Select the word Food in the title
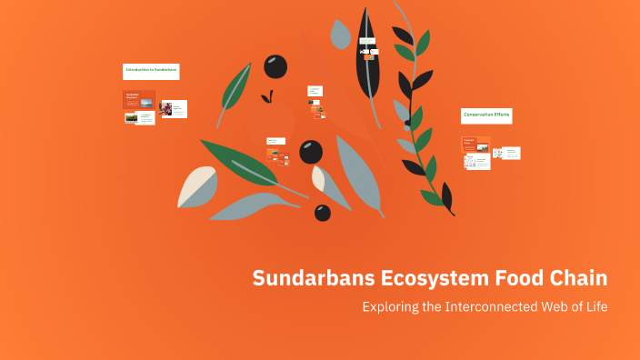[516, 277]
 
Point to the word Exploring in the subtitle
[390, 306]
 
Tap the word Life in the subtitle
[595, 306]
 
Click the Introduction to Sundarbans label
[151, 71]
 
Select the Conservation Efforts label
[486, 115]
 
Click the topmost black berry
[275, 66]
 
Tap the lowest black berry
[323, 213]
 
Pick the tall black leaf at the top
[369, 55]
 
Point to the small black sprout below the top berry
[266, 96]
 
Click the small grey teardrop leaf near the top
[340, 35]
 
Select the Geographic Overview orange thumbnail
[139, 99]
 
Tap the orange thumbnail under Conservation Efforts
[475, 144]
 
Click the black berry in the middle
[311, 151]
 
